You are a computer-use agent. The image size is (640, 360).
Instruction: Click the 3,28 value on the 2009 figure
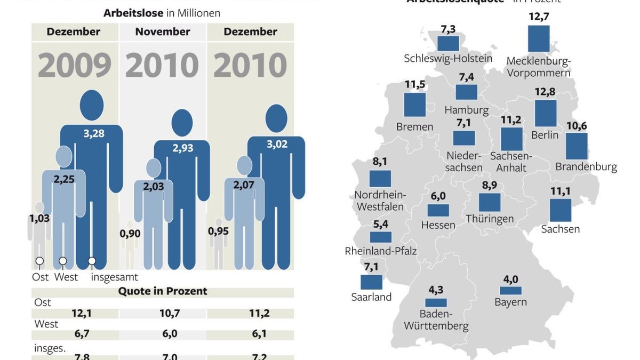94,134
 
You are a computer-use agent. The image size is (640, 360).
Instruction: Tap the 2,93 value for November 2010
183,148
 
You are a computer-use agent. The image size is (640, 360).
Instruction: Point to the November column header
162,32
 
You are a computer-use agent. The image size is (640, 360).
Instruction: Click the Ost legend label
41,277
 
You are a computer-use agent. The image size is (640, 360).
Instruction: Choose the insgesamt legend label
114,277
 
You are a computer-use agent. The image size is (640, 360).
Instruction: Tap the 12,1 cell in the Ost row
81,314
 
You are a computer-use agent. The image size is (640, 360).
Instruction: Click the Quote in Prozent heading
163,291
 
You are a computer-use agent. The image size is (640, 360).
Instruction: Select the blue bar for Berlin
545,114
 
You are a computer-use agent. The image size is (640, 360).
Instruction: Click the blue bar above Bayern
510,291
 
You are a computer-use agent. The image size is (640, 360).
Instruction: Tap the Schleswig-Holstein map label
448,59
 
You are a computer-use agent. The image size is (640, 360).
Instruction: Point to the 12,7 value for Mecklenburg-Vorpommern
539,17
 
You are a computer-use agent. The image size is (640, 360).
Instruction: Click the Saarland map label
371,297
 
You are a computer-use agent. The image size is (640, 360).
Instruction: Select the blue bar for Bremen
414,105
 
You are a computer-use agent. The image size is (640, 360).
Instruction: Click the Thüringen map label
490,219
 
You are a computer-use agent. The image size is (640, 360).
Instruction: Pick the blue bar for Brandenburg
577,146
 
